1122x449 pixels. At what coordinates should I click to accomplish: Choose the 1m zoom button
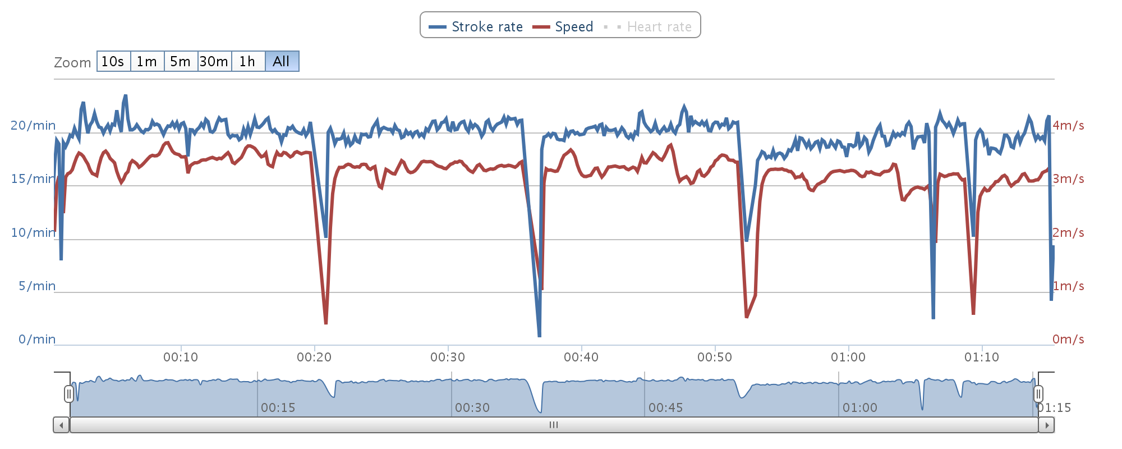click(x=147, y=61)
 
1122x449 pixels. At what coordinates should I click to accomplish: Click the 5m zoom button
click(x=181, y=61)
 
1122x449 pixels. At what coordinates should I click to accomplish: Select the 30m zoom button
click(x=214, y=61)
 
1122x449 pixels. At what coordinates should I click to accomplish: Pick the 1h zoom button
click(x=247, y=61)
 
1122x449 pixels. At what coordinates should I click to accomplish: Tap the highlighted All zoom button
click(x=282, y=61)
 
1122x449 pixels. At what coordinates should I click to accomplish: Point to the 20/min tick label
click(x=33, y=125)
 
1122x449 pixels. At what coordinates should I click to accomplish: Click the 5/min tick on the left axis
click(x=37, y=286)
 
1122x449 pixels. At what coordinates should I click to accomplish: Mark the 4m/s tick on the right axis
click(x=1068, y=125)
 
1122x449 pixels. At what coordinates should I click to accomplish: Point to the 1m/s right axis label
click(x=1068, y=286)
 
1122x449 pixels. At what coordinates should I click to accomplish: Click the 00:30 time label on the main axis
click(x=448, y=357)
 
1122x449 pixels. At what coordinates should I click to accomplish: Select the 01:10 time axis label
click(x=982, y=357)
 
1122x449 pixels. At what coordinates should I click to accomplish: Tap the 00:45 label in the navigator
click(x=665, y=407)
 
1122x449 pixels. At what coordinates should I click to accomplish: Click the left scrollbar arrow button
click(x=61, y=425)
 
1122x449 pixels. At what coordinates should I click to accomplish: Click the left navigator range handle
click(x=69, y=393)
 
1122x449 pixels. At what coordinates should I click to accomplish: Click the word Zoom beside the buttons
click(x=72, y=62)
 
